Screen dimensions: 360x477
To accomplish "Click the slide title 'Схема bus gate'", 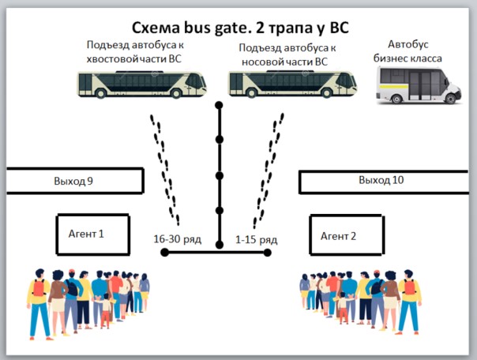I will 238,28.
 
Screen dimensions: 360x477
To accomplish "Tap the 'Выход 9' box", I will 73,181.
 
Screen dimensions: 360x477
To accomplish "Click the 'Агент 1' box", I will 92,234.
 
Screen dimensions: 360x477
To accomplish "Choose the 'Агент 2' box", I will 339,235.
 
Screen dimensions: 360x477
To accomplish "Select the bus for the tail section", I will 142,84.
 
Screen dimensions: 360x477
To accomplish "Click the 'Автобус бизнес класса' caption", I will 408,51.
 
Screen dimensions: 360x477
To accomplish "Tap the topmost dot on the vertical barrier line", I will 220,105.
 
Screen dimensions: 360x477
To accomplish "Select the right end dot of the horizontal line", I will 268,253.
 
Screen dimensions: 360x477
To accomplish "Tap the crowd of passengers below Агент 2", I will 359,301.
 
